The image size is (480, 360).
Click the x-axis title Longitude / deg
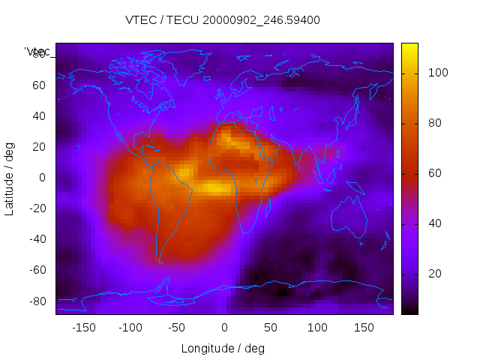(x=223, y=348)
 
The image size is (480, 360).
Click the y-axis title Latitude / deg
(x=10, y=177)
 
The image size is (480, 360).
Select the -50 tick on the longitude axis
(x=177, y=328)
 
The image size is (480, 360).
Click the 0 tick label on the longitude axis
(x=223, y=328)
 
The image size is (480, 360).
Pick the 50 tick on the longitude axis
(x=270, y=328)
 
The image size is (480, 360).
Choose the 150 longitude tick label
(x=364, y=328)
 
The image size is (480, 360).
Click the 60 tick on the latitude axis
(x=39, y=85)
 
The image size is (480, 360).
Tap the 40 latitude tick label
(x=39, y=116)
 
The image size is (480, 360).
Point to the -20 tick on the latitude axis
(x=37, y=208)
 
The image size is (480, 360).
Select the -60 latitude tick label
(x=37, y=270)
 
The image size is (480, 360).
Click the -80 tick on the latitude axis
(x=37, y=301)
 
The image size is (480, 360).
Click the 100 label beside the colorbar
(x=438, y=73)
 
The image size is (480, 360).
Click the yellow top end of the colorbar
(x=409, y=48)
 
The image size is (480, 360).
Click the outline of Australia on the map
(x=347, y=217)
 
